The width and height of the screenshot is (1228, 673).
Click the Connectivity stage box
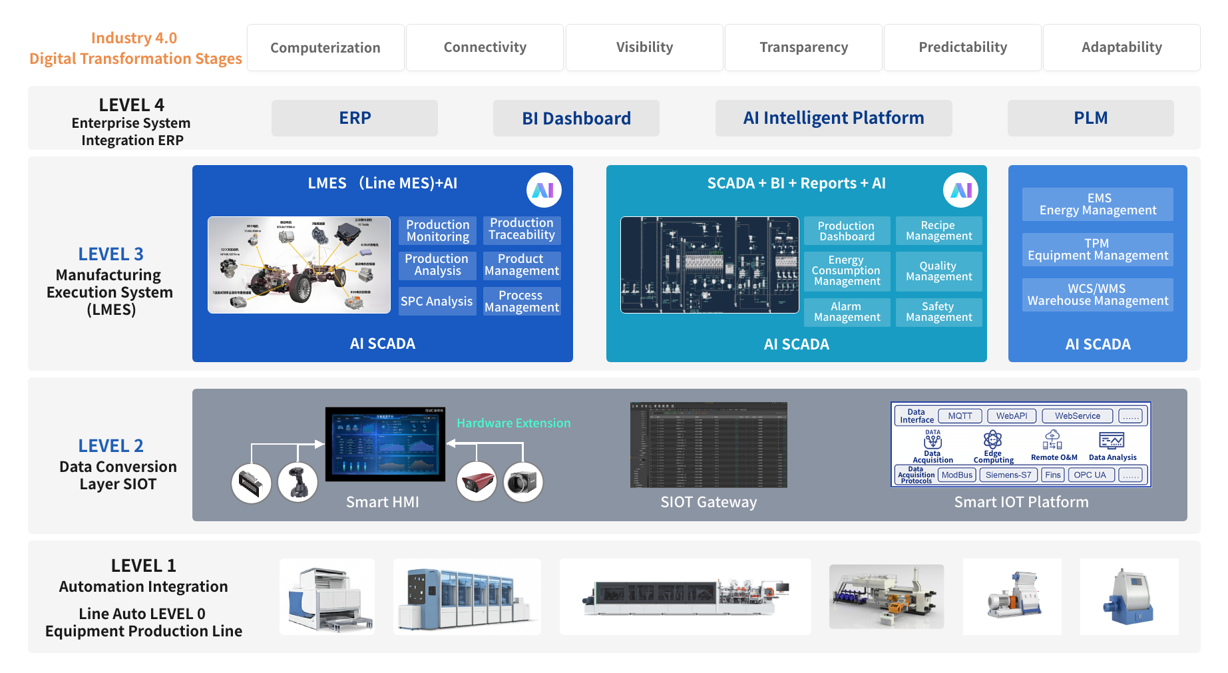pyautogui.click(x=485, y=47)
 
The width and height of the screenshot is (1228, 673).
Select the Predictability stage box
pyautogui.click(x=962, y=47)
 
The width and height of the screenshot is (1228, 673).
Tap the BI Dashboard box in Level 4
pyautogui.click(x=576, y=118)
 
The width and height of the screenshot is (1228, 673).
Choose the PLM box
pyautogui.click(x=1090, y=118)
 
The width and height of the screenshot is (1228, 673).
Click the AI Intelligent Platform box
pyautogui.click(x=833, y=118)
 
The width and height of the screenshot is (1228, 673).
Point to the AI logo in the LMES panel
pyautogui.click(x=544, y=190)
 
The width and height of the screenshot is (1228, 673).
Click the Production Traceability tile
pyautogui.click(x=522, y=230)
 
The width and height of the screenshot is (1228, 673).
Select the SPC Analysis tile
pyautogui.click(x=437, y=302)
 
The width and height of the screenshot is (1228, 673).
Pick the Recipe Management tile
pyautogui.click(x=938, y=231)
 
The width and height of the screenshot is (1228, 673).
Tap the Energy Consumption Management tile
pyautogui.click(x=847, y=271)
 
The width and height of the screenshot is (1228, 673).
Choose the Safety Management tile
pyautogui.click(x=938, y=312)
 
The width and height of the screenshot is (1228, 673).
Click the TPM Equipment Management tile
pyautogui.click(x=1098, y=250)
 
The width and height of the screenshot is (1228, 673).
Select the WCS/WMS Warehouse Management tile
pyautogui.click(x=1098, y=295)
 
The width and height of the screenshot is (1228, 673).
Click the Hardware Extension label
pyautogui.click(x=513, y=423)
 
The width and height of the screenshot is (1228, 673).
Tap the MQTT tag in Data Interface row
pyautogui.click(x=960, y=416)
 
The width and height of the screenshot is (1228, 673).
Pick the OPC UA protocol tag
pyautogui.click(x=1090, y=475)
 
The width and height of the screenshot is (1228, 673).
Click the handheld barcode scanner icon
pyautogui.click(x=298, y=482)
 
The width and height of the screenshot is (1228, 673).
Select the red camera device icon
pyautogui.click(x=477, y=482)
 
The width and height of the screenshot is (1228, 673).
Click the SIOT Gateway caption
pyautogui.click(x=708, y=503)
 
